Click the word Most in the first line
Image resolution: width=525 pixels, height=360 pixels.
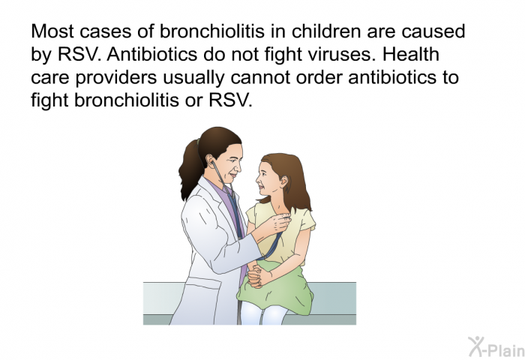point(52,31)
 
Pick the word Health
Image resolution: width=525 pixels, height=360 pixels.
point(411,54)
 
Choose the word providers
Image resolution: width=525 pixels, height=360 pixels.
point(115,78)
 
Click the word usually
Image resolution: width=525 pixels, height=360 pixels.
point(193,78)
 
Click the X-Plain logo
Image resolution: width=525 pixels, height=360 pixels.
point(496,346)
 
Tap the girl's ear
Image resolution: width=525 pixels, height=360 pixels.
point(284,181)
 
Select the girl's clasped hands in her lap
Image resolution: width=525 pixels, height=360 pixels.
point(256,275)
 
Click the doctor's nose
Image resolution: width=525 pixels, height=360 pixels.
point(238,166)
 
